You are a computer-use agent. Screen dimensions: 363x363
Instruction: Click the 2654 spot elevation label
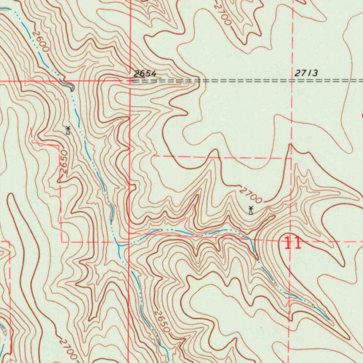(x=145, y=74)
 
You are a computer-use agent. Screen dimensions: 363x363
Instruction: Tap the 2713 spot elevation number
(x=306, y=73)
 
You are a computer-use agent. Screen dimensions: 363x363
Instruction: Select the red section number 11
(x=293, y=244)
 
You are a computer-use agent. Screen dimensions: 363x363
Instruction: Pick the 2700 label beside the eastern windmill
(x=251, y=195)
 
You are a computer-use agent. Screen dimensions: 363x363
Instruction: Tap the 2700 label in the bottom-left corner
(x=68, y=349)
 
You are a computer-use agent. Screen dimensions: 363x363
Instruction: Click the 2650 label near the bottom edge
(x=162, y=322)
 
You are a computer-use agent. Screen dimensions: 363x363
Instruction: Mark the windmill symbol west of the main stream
(x=68, y=130)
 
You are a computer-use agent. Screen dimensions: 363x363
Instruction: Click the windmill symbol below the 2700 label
(x=251, y=210)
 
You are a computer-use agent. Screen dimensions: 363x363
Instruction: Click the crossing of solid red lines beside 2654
(x=130, y=81)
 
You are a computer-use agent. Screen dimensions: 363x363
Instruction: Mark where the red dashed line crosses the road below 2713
(x=292, y=80)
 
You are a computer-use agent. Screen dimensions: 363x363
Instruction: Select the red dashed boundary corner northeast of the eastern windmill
(x=291, y=158)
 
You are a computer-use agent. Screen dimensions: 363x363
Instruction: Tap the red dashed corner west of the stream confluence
(x=62, y=242)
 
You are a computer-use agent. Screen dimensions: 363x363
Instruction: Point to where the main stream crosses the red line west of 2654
(x=71, y=81)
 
